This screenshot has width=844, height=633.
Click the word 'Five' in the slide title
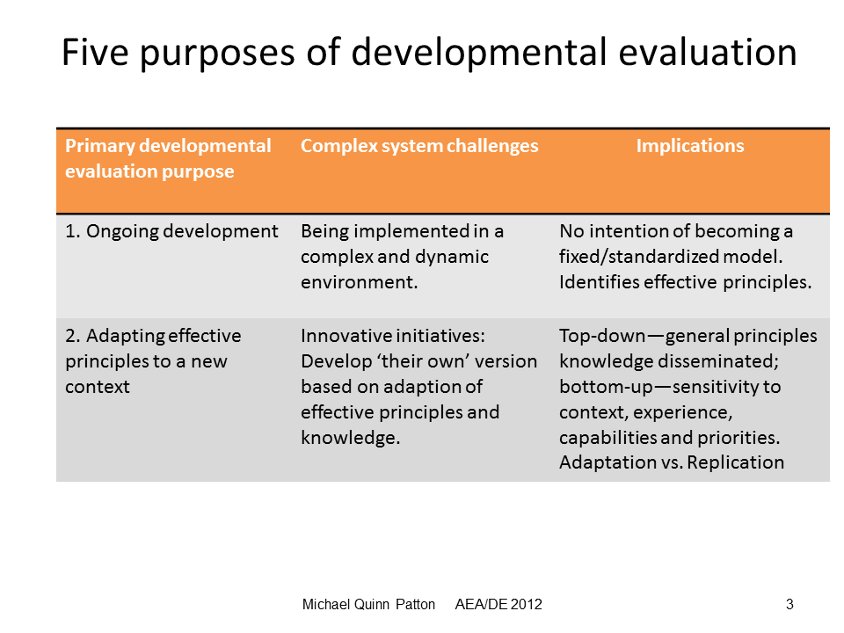tap(95, 52)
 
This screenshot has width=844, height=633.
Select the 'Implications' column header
tap(690, 146)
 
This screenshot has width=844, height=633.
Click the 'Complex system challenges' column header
tap(419, 146)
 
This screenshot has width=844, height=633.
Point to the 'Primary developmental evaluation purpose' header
tap(168, 158)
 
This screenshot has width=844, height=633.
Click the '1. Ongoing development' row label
tap(171, 231)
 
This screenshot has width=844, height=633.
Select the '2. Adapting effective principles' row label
tap(153, 361)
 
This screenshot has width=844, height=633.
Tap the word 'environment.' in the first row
tap(359, 282)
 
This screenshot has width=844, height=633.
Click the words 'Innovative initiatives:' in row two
tap(393, 336)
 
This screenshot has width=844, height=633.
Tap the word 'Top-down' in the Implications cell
tap(602, 336)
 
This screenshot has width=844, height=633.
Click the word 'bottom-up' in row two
tap(606, 387)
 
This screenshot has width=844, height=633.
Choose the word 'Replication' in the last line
tap(735, 462)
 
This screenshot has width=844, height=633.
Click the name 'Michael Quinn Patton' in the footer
tap(368, 605)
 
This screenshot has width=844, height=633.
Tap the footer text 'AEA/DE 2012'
tap(498, 605)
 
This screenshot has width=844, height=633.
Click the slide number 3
tap(789, 605)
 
